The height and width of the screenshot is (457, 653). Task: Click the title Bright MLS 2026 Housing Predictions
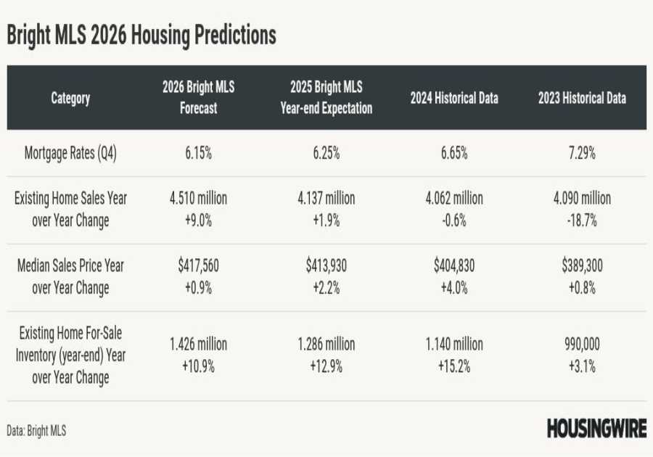point(141,36)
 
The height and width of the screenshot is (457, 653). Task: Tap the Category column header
point(70,98)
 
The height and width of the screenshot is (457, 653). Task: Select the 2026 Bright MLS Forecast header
point(199,98)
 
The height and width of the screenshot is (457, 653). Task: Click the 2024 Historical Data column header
point(454,98)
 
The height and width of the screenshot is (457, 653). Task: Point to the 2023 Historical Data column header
point(582,98)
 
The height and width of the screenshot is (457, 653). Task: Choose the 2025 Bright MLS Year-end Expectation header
point(326,98)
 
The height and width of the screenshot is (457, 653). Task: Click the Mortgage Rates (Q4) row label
point(70,153)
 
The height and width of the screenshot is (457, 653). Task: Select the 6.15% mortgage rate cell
point(199,153)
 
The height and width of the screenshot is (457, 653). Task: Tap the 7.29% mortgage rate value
point(582,153)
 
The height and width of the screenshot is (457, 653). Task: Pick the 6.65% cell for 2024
point(454,153)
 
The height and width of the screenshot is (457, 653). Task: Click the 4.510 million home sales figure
point(199,198)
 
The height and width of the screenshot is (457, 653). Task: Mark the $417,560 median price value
point(199,265)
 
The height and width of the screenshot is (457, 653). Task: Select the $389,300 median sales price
point(582,265)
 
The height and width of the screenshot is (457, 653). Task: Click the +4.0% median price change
point(454,288)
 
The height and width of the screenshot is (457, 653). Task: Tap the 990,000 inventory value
point(582,344)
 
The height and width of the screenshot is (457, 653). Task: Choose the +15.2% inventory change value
point(454,366)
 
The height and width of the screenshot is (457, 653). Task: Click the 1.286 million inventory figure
point(326,344)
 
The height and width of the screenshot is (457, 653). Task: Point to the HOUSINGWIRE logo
point(596,429)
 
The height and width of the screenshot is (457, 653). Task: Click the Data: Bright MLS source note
point(36,431)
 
